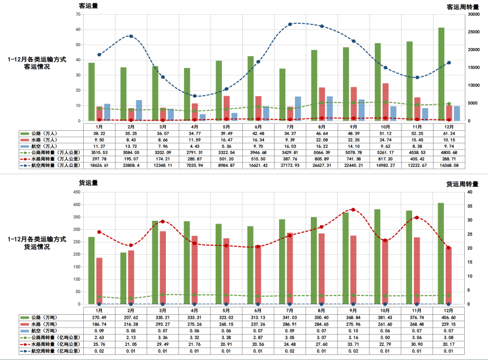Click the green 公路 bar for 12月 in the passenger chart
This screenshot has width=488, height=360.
(441, 74)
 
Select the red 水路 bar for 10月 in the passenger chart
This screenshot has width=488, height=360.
(386, 102)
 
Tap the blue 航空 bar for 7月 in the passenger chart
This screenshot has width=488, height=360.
(298, 109)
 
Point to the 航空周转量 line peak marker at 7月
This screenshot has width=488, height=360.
(290, 24)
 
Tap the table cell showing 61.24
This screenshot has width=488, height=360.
(449, 132)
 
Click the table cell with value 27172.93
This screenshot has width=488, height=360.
(290, 166)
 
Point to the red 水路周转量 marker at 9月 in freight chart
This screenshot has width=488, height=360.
(353, 209)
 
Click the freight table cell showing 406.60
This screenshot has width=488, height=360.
(449, 318)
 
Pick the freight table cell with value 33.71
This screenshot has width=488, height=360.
(353, 345)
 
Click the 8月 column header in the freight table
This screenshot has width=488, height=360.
(322, 311)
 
